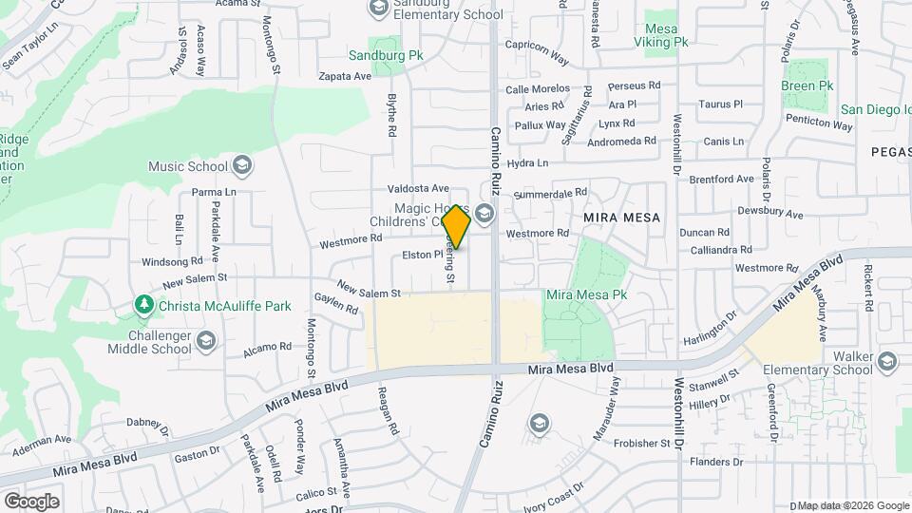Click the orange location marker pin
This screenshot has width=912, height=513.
point(456,227)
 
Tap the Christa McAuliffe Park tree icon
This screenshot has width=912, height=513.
point(143,304)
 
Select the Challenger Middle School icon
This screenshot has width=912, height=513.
point(205,340)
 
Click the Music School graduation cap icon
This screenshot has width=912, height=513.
point(241,166)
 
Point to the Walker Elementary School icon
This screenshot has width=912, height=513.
point(887,360)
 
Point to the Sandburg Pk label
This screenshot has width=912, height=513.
point(385,56)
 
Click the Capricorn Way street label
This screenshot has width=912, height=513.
point(537,59)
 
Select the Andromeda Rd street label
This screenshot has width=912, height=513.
point(623,141)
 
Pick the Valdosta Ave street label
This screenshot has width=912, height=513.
point(417,188)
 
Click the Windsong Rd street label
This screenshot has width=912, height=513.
point(172,260)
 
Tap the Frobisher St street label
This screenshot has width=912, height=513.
point(640,443)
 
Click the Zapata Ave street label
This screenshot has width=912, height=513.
point(344,75)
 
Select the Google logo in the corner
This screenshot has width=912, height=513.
point(31,501)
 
